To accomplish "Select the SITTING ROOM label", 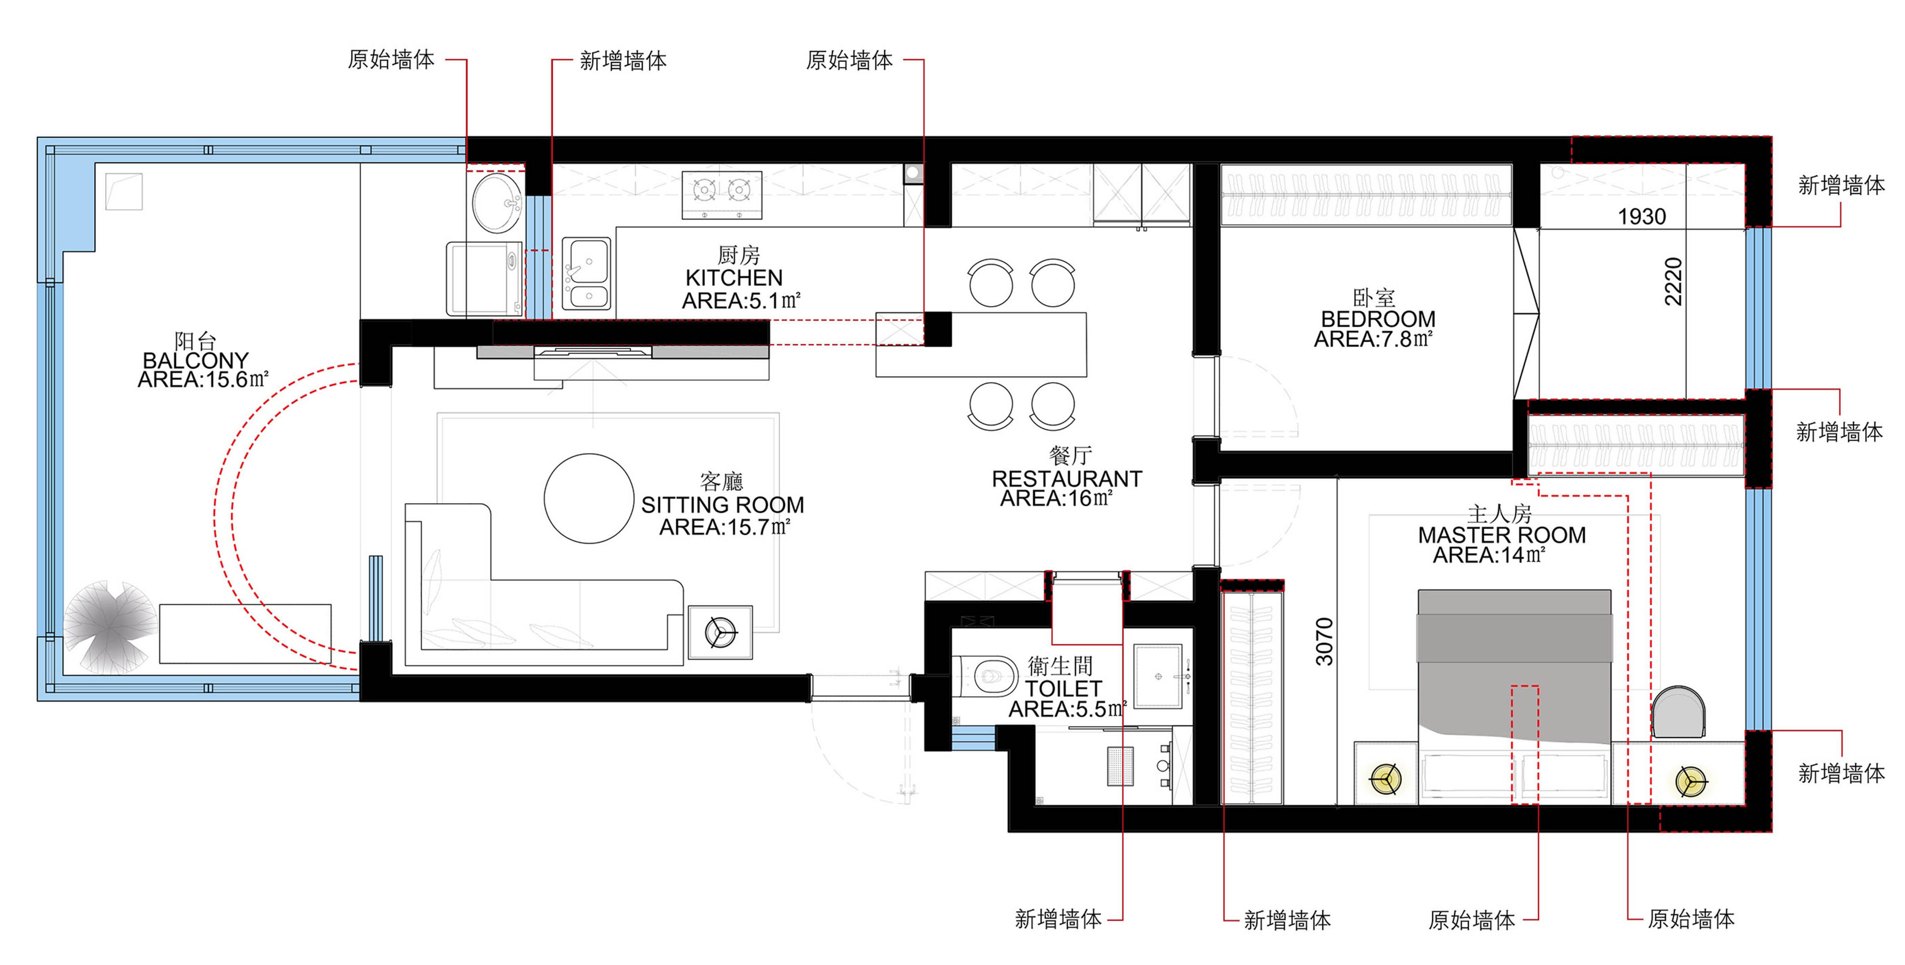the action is click(723, 505).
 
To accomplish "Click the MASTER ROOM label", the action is click(1501, 535).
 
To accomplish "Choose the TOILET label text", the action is click(1063, 688).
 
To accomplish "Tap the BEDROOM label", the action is click(1378, 319).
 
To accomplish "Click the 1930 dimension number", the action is click(1642, 217).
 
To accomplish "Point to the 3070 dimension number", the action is click(1324, 641).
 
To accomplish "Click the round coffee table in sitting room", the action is click(589, 498).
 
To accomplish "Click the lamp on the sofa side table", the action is click(720, 632).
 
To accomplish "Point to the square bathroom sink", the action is click(1159, 676).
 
